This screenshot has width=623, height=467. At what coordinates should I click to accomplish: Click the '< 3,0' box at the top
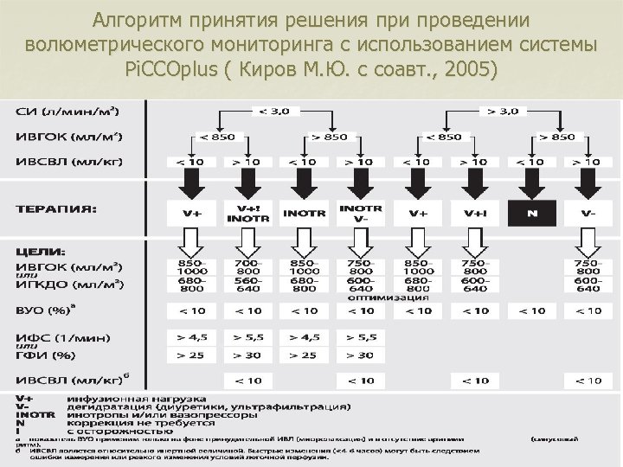pos(265,111)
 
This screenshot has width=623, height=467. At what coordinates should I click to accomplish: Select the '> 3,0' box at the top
pos(503,111)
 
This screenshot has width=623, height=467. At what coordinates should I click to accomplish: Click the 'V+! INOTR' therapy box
pos(247,213)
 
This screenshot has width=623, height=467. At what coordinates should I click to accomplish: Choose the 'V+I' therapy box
pos(475,213)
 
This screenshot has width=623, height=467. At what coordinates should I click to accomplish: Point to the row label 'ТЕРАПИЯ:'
pos(57,208)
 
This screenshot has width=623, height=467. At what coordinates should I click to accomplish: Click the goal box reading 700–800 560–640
pos(247,276)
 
